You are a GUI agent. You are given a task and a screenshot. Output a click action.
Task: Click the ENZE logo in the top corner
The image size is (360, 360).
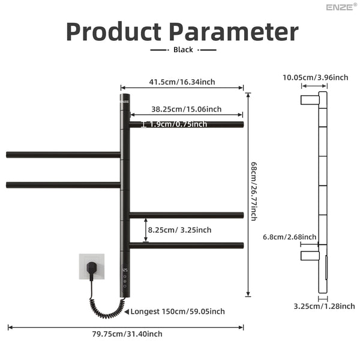pyautogui.click(x=341, y=7)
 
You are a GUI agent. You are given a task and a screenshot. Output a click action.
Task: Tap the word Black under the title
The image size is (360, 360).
pyautogui.click(x=183, y=50)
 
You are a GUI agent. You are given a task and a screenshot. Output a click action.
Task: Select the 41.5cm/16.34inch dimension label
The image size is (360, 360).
pyautogui.click(x=182, y=82)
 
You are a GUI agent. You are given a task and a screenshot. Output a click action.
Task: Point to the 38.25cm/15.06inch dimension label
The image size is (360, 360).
pyautogui.click(x=187, y=109)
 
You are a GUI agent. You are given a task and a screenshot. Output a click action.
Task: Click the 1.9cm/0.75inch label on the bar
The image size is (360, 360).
pyautogui.click(x=178, y=124)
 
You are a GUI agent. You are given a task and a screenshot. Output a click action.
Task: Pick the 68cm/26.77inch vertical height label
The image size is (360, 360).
pyautogui.click(x=253, y=191)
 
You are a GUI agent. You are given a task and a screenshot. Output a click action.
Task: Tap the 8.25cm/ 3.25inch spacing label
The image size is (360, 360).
pyautogui.click(x=179, y=230)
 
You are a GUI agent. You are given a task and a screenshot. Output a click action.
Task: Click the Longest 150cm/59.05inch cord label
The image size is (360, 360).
pyautogui.click(x=178, y=311)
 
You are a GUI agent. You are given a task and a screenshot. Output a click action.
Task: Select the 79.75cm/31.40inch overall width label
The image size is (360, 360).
pyautogui.click(x=127, y=334)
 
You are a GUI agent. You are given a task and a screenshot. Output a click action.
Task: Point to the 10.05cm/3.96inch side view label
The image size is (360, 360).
pyautogui.click(x=315, y=77)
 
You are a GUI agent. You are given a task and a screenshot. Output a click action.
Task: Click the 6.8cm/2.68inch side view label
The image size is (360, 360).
pyautogui.click(x=290, y=237)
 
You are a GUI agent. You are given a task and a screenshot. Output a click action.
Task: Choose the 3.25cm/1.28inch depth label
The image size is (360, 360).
pyautogui.click(x=324, y=306)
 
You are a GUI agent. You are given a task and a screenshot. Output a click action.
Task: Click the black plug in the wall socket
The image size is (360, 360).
pyautogui.click(x=92, y=268)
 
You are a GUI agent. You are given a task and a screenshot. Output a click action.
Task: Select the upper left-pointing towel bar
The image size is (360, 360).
pyautogui.click(x=63, y=155)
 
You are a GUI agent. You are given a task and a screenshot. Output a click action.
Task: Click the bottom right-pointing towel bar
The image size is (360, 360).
pyautogui.click(x=187, y=245)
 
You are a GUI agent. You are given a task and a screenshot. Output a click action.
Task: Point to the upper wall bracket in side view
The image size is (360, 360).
pyautogui.click(x=310, y=100)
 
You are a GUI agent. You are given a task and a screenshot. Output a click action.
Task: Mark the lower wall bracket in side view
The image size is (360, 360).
pyautogui.click(x=310, y=256)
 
